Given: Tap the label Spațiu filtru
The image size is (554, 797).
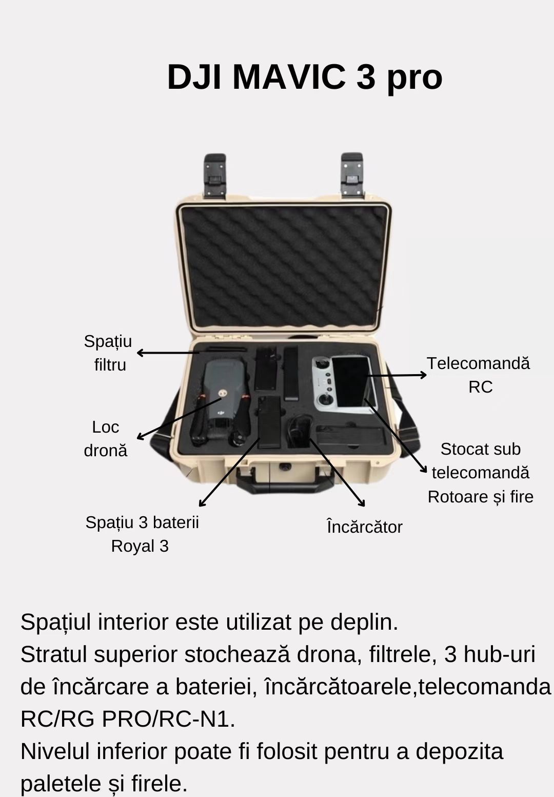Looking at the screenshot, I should (x=108, y=353).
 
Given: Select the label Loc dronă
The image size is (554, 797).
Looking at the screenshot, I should (x=105, y=439).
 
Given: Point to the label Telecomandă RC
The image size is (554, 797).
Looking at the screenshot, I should (x=479, y=375).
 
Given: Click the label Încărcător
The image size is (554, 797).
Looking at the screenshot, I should (x=364, y=527).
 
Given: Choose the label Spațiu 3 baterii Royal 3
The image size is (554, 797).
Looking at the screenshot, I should (x=142, y=534).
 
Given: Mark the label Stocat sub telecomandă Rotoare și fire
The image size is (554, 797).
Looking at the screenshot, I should (x=480, y=473).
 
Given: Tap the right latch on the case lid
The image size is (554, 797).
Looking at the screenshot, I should (x=353, y=176).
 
